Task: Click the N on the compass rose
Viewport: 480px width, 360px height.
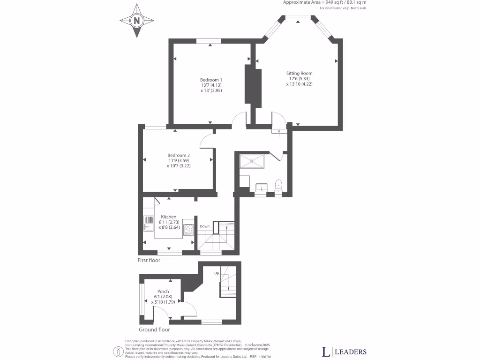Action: (x=137, y=21)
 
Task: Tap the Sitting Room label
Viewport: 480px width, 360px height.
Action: (x=299, y=73)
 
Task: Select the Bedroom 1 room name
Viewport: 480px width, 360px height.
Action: (x=211, y=80)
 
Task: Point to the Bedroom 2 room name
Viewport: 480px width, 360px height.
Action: (x=179, y=155)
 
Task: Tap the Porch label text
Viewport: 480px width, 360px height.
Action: (x=163, y=292)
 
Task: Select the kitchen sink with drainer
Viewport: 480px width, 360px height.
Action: (x=149, y=224)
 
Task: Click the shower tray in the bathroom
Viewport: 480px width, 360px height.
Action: (x=254, y=161)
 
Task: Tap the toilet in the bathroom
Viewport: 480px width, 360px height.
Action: (x=278, y=184)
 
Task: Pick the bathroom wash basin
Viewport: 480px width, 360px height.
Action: (x=260, y=187)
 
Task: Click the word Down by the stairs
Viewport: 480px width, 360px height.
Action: (x=204, y=226)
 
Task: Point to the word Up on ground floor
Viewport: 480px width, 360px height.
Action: (x=217, y=273)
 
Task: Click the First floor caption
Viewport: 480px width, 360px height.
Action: (x=149, y=260)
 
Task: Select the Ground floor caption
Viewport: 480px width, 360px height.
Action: (x=154, y=330)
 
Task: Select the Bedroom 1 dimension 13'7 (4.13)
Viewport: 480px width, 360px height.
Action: (x=211, y=85)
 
